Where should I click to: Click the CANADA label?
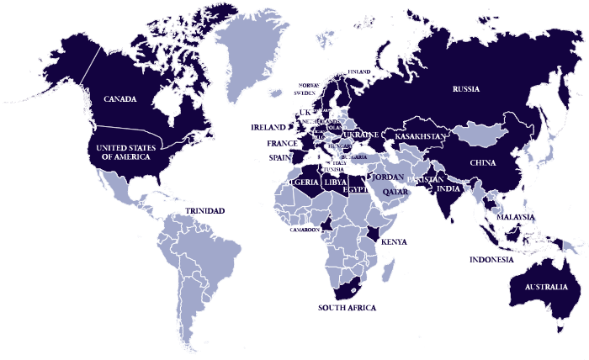point(120,99)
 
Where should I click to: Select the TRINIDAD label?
point(204,210)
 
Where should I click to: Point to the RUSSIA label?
point(465,89)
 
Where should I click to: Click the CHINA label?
point(483,162)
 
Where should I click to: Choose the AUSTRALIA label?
point(545,288)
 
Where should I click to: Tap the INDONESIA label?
point(491,260)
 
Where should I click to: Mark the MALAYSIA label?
point(516,217)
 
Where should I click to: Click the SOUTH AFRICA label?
point(347,308)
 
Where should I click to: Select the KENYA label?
point(395,242)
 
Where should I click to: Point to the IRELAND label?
point(268,127)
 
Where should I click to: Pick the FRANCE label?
point(282,144)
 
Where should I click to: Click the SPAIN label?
point(279,157)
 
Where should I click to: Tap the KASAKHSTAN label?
point(418,136)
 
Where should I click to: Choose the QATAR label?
point(395,192)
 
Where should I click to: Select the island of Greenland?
point(252,50)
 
